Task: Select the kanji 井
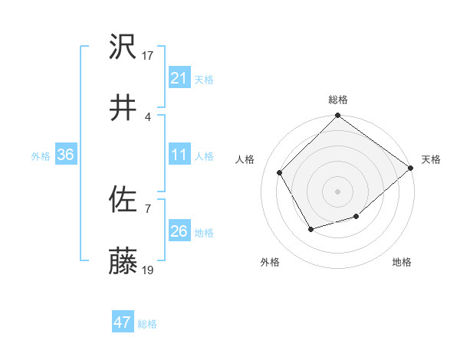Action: coord(123,107)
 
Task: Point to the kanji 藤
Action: coord(123,261)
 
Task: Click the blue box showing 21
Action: coord(179,78)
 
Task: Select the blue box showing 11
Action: coord(179,155)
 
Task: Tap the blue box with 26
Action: coord(179,231)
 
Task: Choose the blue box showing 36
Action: coord(66,155)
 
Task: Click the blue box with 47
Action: coord(123,322)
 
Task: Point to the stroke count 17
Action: coord(149,56)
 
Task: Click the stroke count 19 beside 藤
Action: coord(149,270)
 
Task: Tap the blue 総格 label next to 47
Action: coord(147,324)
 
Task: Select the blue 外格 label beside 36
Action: coord(41,155)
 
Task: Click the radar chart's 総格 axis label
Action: coord(338,100)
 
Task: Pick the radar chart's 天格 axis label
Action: coord(432,159)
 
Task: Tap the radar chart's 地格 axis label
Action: coord(402,263)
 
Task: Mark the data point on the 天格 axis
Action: coord(411,168)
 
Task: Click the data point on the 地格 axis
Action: coord(356,218)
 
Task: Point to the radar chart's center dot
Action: coord(338,191)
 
